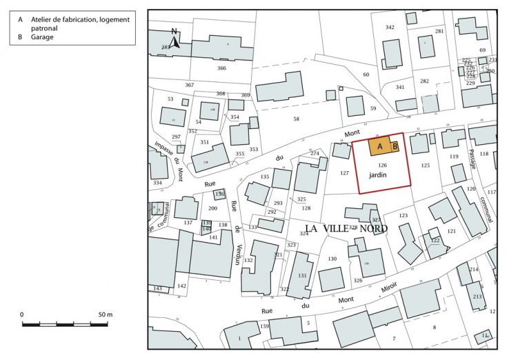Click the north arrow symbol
[175, 40]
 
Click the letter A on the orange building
[379, 146]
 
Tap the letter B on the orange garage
[395, 146]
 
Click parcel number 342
[390, 27]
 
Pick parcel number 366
[221, 68]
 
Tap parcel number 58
[297, 119]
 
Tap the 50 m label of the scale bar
[105, 314]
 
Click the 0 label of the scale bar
[22, 314]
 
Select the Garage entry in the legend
[42, 37]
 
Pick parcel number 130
[332, 259]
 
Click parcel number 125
[425, 166]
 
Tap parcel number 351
[204, 142]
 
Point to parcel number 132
[248, 260]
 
